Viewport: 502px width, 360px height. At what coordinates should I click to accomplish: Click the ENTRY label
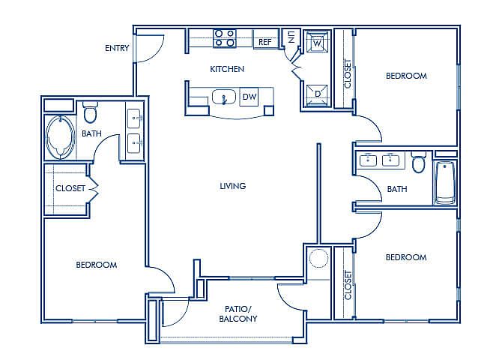coord(117,48)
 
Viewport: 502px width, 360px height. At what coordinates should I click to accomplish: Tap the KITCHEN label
coord(227,69)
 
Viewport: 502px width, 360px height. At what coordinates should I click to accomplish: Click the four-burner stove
coord(225,38)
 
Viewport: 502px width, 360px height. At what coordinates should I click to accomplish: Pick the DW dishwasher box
coord(249,97)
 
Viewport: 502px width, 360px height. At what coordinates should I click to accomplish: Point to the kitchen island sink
coord(224,97)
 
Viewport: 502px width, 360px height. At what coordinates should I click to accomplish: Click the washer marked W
coord(317,42)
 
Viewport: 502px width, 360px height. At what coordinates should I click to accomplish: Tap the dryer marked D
coord(317,94)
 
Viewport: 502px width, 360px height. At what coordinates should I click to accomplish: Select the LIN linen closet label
coord(291,37)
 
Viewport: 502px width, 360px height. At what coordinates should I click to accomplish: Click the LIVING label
coord(233,186)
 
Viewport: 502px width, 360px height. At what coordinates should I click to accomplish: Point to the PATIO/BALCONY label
coord(238,313)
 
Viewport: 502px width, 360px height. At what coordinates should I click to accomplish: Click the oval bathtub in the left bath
coord(61,137)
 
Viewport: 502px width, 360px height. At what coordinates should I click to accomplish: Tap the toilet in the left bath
coord(90,112)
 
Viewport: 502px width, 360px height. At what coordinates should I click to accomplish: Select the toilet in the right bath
coord(419,163)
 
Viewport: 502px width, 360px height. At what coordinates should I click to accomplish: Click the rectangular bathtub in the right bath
coord(445,183)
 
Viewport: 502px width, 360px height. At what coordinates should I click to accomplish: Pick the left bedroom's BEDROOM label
coord(97,265)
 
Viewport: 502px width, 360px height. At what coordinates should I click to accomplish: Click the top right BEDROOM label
coord(406,76)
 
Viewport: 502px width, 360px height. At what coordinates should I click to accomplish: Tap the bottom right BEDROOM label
coord(406,257)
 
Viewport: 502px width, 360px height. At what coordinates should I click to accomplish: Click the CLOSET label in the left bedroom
coord(70,188)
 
